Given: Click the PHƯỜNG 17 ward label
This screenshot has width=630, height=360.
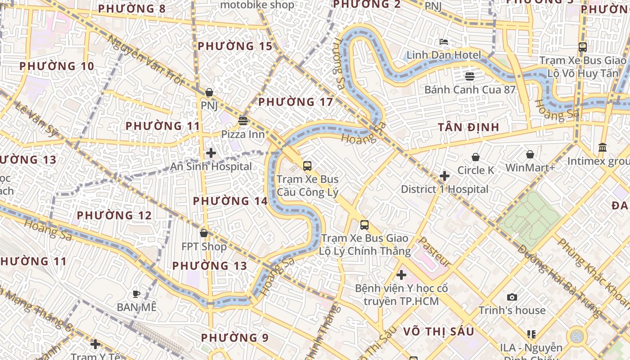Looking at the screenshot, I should [x=296, y=102].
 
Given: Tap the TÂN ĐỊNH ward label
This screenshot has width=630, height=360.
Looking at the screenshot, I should [x=469, y=127].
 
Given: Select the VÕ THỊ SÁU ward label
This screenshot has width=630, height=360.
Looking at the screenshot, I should [x=438, y=332].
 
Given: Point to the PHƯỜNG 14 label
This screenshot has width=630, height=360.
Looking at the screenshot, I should [x=230, y=201].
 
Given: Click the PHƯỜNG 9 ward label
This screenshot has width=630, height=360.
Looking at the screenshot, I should [x=234, y=337].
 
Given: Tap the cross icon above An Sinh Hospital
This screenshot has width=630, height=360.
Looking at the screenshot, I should [x=211, y=153].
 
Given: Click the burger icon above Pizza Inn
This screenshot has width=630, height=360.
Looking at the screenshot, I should [x=243, y=121].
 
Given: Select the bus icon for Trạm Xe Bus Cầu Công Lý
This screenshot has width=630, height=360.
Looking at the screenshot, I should [x=307, y=166].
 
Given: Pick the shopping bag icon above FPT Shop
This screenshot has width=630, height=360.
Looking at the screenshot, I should [x=204, y=233].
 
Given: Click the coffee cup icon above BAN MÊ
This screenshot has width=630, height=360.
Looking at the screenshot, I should [x=136, y=294].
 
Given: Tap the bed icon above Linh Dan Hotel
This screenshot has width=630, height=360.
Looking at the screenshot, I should [x=444, y=42].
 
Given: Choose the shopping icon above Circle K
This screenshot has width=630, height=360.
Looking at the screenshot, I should [x=476, y=157].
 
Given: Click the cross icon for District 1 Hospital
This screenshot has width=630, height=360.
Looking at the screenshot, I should [x=445, y=176].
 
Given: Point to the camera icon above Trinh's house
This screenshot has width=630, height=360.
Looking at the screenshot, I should [x=512, y=297].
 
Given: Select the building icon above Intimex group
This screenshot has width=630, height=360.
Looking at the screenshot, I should [x=603, y=148].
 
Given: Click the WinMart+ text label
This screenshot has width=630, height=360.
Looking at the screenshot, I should [x=530, y=168].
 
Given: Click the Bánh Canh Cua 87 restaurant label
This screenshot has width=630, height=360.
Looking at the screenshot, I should [x=470, y=90].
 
